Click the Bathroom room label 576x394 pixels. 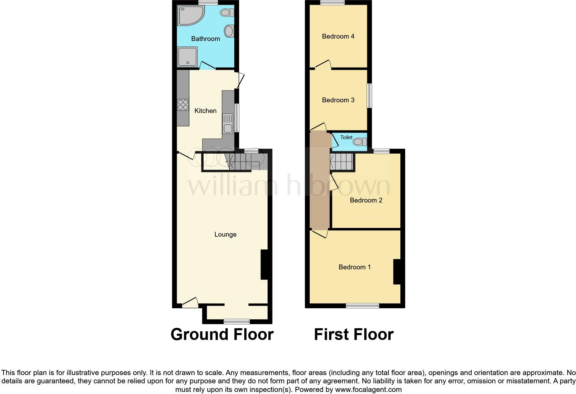click(x=205, y=39)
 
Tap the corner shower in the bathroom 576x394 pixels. click(x=189, y=15)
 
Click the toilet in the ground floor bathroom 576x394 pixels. click(x=226, y=13)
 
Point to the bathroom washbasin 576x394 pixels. click(x=229, y=31)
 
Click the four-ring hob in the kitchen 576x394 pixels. click(x=183, y=105)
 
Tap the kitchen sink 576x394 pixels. click(x=228, y=124)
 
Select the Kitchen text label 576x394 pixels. click(x=205, y=111)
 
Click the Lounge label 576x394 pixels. click(x=225, y=234)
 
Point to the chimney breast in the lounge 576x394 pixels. click(x=264, y=265)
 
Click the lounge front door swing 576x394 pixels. click(x=191, y=302)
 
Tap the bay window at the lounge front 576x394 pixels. click(x=237, y=322)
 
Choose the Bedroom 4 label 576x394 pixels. click(x=338, y=36)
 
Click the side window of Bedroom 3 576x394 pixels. click(x=369, y=95)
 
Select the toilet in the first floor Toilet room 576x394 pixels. click(x=360, y=142)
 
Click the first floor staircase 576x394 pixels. click(x=342, y=162)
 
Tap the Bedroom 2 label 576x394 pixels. click(x=366, y=200)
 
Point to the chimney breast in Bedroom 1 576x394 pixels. click(x=397, y=272)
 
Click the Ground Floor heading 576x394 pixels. click(x=222, y=334)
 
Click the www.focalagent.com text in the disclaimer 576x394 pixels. click(x=368, y=390)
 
